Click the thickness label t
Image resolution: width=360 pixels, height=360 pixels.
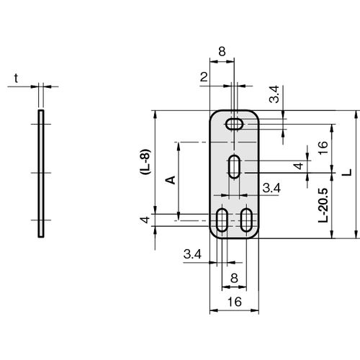(16, 78)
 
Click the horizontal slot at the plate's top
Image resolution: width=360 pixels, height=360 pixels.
(234, 124)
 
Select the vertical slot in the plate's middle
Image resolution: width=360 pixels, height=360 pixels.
(234, 166)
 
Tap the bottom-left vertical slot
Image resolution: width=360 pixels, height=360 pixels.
(222, 220)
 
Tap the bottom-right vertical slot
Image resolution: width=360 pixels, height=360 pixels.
(246, 220)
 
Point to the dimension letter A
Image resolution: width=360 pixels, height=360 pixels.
(171, 180)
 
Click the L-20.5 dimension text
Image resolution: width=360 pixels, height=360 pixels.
(323, 204)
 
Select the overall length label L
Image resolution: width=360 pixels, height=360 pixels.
(347, 172)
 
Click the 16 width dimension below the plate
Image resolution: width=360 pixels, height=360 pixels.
(234, 302)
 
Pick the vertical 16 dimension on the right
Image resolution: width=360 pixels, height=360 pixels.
(323, 148)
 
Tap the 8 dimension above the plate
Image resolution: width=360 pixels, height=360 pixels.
(222, 52)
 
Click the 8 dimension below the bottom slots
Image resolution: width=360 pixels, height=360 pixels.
(234, 279)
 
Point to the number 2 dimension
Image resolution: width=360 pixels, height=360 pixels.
(204, 77)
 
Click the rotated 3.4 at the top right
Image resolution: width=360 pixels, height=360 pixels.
(274, 94)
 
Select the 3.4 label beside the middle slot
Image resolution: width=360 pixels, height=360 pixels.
(271, 188)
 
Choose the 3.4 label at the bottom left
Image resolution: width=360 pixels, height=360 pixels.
(192, 254)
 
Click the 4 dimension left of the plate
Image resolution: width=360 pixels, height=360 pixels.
(145, 220)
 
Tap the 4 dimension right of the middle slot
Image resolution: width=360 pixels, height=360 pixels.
(299, 166)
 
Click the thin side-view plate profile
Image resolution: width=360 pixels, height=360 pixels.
(41, 174)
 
